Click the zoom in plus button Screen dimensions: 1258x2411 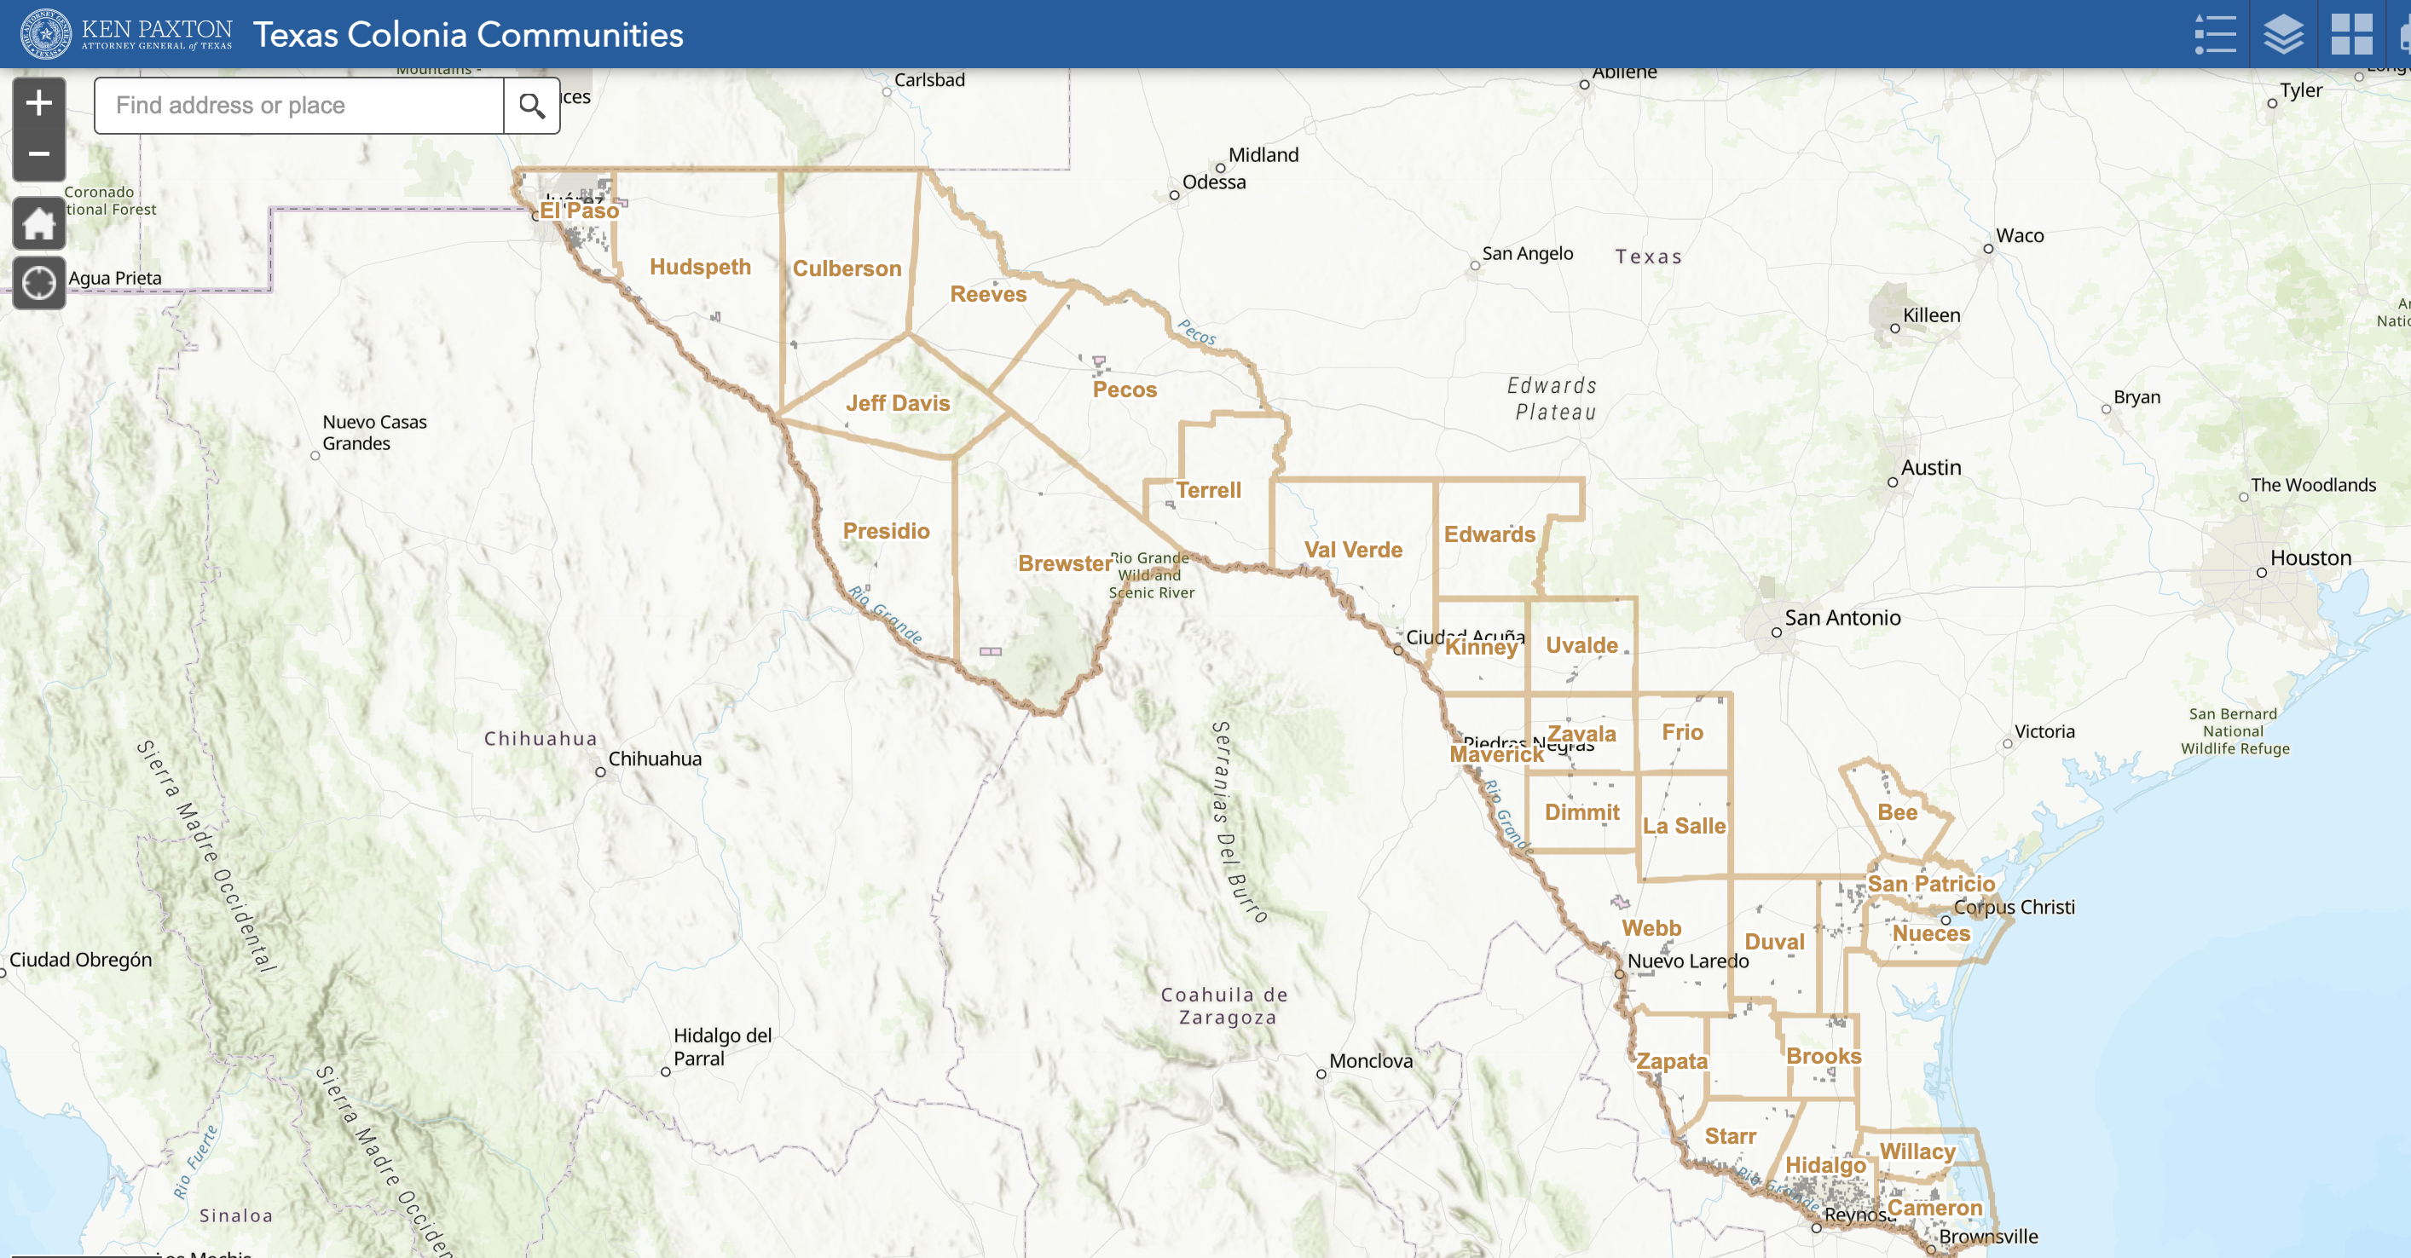pos(38,103)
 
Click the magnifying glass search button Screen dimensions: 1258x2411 pos(532,106)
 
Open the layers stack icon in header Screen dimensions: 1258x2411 pos(2283,35)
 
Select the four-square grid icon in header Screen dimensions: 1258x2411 pos(2351,35)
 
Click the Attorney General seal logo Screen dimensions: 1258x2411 pos(46,35)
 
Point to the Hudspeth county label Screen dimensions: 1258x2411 pos(700,267)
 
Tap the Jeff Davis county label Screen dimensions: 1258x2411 pos(898,403)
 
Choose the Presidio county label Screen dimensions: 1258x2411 pos(886,531)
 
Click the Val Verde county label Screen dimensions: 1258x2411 pos(1352,550)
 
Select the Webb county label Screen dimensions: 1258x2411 pos(1651,927)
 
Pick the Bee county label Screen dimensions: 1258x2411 pos(1897,812)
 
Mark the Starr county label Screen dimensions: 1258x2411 pos(1730,1135)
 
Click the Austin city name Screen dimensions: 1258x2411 pos(1931,467)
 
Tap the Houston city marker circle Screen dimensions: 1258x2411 pos(2261,572)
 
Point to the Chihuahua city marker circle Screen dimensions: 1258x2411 pos(600,772)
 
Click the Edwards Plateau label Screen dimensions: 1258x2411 pos(1553,399)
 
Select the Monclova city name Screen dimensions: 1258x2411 pos(1370,1060)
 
